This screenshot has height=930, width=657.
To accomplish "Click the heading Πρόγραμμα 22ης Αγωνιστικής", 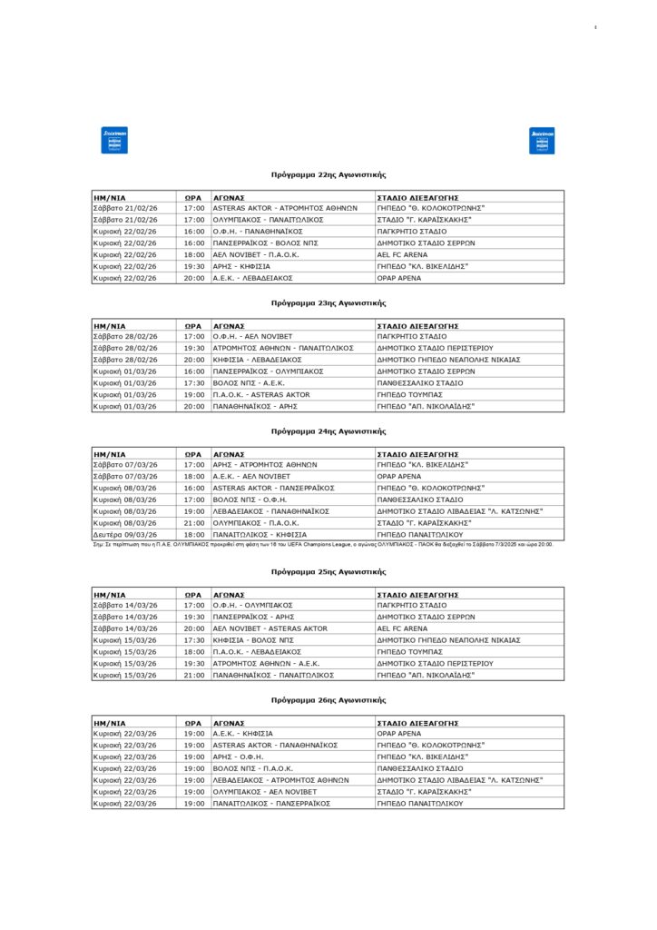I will pyautogui.click(x=328, y=173).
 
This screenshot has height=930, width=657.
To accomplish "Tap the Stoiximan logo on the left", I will pyautogui.click(x=114, y=141).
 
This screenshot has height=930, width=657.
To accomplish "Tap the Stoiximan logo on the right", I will pyautogui.click(x=542, y=141).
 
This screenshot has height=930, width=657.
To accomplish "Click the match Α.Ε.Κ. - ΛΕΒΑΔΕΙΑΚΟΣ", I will pyautogui.click(x=251, y=278).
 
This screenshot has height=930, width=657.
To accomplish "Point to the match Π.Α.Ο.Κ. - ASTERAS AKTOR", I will pyautogui.click(x=261, y=395).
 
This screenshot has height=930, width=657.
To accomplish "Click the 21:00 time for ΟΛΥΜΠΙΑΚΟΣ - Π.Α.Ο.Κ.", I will pyautogui.click(x=194, y=523).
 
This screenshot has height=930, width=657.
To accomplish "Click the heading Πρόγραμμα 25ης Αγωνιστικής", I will pyautogui.click(x=328, y=572).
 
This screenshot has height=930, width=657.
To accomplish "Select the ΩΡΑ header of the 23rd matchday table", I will pyautogui.click(x=193, y=324).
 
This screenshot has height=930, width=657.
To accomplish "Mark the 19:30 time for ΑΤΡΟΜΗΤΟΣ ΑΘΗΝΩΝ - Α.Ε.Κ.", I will pyautogui.click(x=194, y=664).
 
